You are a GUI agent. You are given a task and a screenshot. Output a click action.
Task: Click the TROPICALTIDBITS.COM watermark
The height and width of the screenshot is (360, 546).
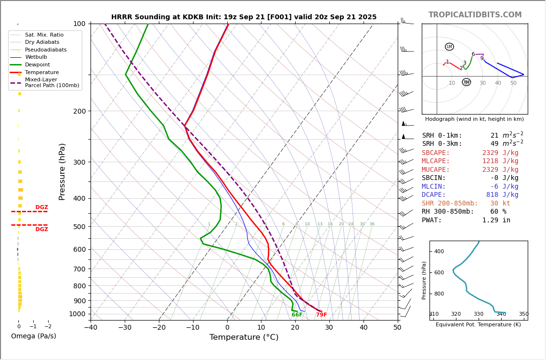(x=475, y=15)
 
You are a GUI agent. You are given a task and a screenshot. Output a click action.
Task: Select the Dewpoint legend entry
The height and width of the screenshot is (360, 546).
(x=37, y=65)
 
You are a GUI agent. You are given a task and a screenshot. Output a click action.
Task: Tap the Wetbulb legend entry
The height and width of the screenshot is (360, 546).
(x=36, y=57)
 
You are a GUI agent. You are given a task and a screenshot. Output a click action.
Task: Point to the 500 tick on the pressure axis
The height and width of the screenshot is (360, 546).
(x=79, y=227)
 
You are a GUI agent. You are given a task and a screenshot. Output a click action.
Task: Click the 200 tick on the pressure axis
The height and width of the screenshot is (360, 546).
(x=79, y=111)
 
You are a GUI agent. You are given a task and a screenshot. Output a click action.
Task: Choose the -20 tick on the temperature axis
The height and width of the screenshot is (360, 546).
(x=159, y=328)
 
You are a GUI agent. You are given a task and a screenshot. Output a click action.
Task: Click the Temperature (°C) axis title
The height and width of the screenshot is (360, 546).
(x=244, y=337)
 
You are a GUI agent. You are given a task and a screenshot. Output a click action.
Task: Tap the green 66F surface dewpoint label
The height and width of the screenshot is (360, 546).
(x=297, y=315)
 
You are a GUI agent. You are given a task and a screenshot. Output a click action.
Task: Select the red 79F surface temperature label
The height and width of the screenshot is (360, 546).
(x=321, y=315)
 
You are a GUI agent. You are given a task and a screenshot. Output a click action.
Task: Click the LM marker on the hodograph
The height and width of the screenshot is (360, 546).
(x=449, y=47)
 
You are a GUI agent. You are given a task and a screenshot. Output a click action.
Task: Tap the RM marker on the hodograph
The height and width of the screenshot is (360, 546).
(x=466, y=82)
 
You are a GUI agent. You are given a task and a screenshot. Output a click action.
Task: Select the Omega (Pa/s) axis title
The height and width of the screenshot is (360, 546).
(x=34, y=336)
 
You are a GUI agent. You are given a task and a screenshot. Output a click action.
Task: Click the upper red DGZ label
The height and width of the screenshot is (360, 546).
(x=42, y=207)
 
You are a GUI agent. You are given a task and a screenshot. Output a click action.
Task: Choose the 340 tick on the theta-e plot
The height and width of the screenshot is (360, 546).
(x=501, y=314)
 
